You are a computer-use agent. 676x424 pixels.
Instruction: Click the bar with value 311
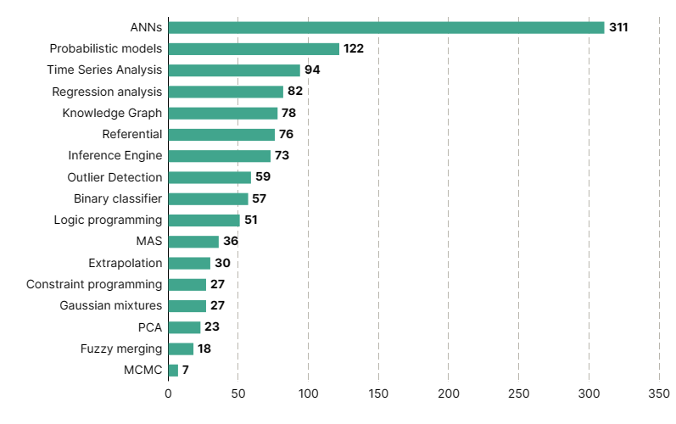click(x=386, y=28)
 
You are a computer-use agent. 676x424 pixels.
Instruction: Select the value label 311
click(x=618, y=28)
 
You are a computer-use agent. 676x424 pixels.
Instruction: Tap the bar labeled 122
click(x=254, y=49)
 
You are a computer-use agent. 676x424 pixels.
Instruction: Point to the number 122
click(x=354, y=49)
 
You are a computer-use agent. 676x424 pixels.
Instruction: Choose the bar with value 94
click(x=234, y=70)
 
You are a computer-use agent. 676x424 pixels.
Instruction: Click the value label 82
click(x=295, y=92)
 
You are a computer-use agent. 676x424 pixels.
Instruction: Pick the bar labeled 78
click(x=223, y=114)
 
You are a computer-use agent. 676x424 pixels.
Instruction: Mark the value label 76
click(x=286, y=135)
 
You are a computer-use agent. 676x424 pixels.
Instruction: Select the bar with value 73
click(x=220, y=156)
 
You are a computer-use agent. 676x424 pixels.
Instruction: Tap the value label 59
click(x=263, y=177)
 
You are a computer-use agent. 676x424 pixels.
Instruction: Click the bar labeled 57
click(x=208, y=199)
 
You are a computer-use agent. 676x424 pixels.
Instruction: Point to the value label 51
click(x=250, y=220)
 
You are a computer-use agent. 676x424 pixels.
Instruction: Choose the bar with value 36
click(x=193, y=242)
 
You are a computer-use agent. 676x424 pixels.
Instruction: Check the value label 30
click(x=222, y=263)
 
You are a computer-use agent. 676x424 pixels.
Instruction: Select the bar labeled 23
click(x=184, y=327)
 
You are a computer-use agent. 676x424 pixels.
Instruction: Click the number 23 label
click(x=212, y=327)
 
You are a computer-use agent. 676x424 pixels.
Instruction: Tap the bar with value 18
click(x=181, y=349)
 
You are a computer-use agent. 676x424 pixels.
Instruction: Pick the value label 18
click(x=204, y=349)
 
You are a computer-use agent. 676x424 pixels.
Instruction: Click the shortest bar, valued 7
click(x=173, y=371)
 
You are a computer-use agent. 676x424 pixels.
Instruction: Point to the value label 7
click(x=186, y=371)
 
